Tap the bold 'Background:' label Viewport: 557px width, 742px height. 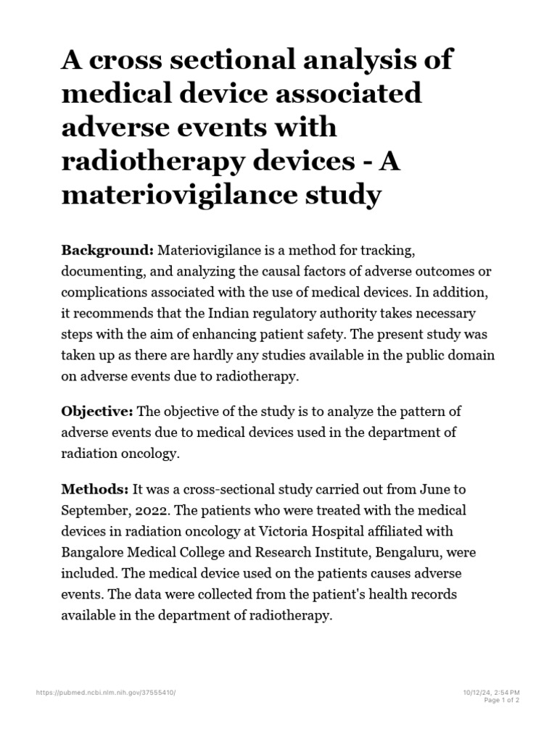[107, 250]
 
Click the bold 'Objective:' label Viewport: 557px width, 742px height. [97, 412]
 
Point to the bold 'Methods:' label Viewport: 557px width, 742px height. [95, 490]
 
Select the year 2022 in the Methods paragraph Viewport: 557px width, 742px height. [147, 510]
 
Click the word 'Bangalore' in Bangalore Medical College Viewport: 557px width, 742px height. [94, 552]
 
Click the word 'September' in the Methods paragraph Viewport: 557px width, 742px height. [95, 510]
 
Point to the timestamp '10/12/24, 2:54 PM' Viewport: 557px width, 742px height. [491, 693]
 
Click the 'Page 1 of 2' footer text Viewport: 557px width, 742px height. [500, 700]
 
